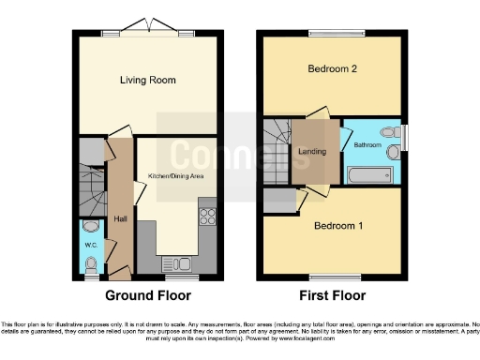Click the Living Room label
pyautogui.click(x=148, y=81)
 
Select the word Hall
pyautogui.click(x=120, y=218)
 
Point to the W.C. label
pyautogui.click(x=91, y=246)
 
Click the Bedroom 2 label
pyautogui.click(x=333, y=68)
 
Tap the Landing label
pyautogui.click(x=311, y=152)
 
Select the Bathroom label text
pyautogui.click(x=367, y=145)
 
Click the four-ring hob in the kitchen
pyautogui.click(x=207, y=217)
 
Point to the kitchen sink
pyautogui.click(x=176, y=262)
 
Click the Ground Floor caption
pyautogui.click(x=148, y=295)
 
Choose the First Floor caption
pyautogui.click(x=333, y=295)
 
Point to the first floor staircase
pyautogui.click(x=277, y=155)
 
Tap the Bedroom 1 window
pyautogui.click(x=333, y=276)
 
